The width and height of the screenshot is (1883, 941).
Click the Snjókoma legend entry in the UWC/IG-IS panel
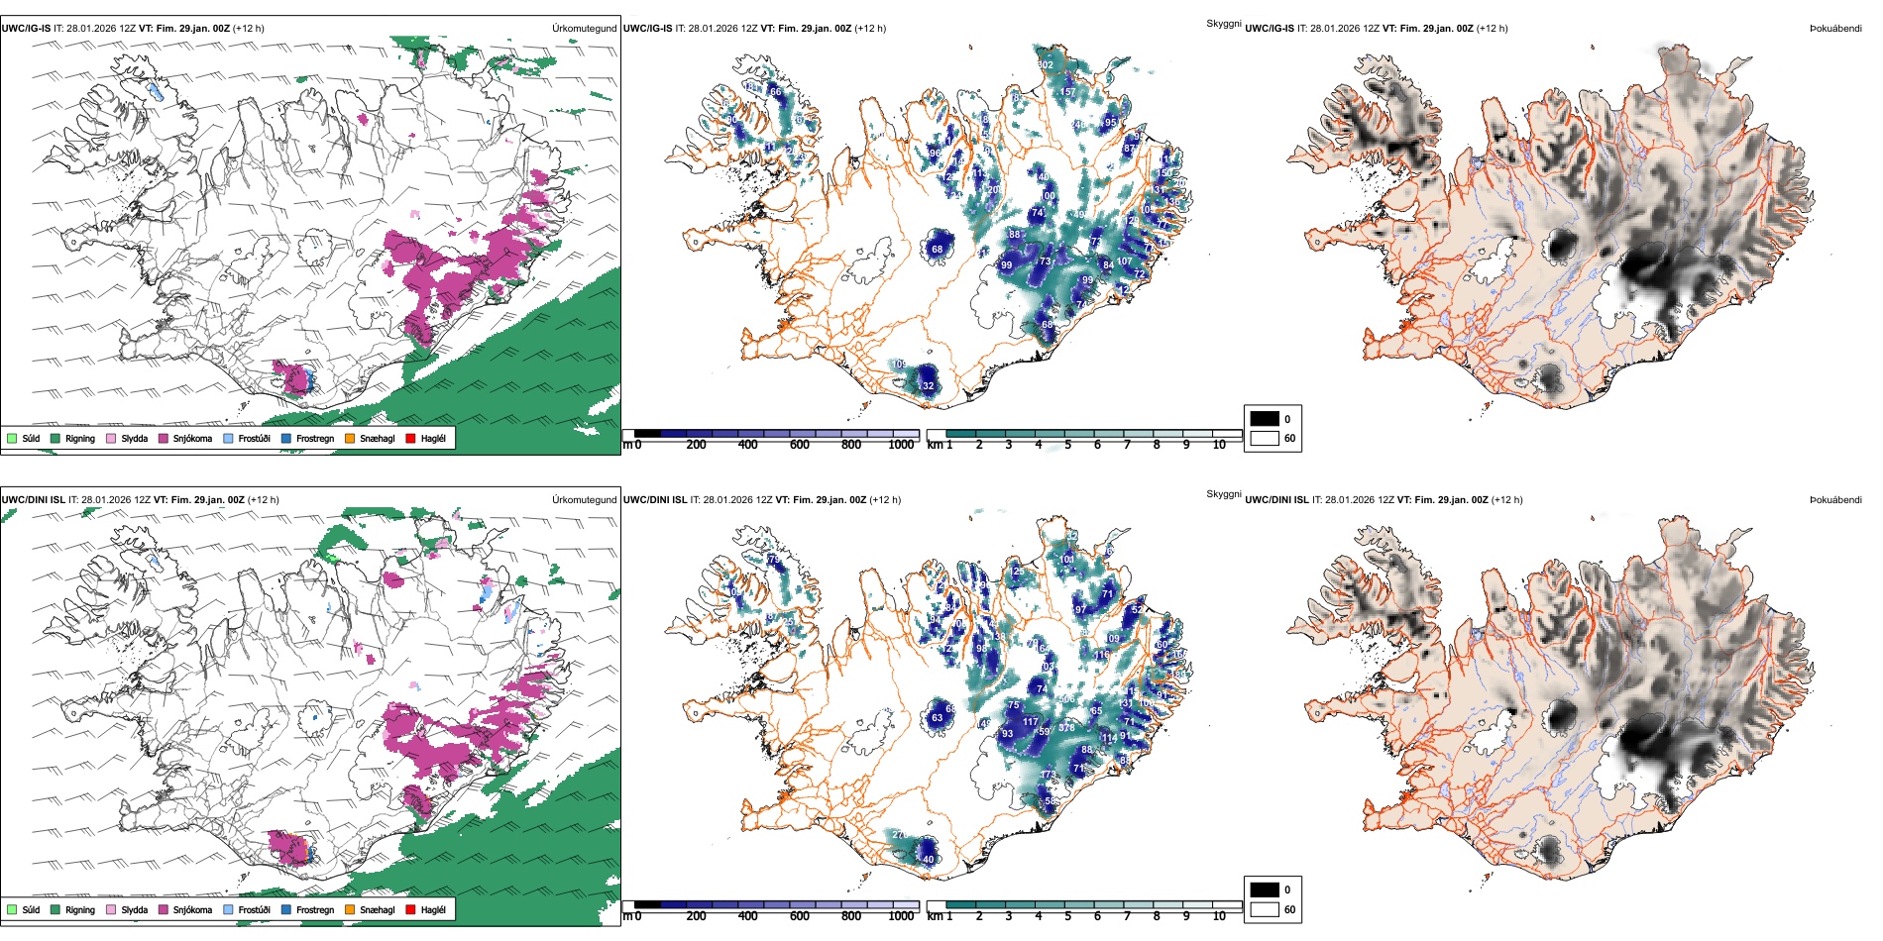click(192, 438)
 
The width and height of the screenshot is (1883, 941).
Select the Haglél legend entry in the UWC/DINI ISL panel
click(433, 909)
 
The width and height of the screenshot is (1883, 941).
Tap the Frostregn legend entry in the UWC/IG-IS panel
click(314, 438)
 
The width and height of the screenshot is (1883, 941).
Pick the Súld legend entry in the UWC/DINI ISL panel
click(31, 909)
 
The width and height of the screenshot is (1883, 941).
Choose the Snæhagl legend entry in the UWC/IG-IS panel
click(377, 438)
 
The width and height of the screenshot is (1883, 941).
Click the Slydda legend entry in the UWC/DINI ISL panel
click(134, 909)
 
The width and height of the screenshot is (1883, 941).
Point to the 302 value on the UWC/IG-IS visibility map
click(1046, 65)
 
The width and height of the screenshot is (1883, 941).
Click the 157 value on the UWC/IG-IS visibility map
click(1067, 92)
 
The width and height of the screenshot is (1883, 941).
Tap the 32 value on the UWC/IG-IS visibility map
click(928, 386)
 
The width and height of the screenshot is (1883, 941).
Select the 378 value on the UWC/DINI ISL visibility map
click(1066, 728)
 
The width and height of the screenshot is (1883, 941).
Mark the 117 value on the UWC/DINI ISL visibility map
click(1030, 722)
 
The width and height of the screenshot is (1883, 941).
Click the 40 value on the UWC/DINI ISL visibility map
click(929, 859)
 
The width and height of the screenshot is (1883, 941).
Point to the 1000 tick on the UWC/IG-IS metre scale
click(901, 445)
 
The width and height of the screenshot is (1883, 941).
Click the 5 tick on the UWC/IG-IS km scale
click(1067, 445)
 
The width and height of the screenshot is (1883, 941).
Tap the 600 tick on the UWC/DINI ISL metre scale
click(799, 916)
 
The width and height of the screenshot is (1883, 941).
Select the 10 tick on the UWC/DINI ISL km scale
click(1219, 916)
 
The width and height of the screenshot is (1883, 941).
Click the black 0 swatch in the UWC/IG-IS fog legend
click(1265, 419)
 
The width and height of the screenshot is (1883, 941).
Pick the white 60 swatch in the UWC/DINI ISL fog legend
click(1265, 909)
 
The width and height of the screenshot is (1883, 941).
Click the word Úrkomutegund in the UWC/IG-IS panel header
click(584, 29)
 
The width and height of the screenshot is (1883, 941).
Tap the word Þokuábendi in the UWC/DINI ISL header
click(1835, 500)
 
